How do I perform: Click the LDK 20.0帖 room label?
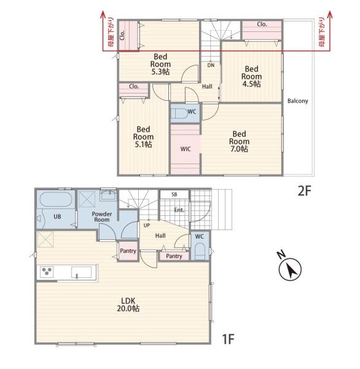128,304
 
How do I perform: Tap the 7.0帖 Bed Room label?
239,141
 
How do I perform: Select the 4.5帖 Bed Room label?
251,76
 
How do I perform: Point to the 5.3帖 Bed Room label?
160,64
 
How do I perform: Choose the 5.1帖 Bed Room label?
143,137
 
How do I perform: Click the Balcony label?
298,101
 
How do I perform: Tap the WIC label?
186,149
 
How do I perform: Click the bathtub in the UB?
56,199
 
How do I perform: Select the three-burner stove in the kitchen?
47,272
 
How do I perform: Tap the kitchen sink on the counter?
81,272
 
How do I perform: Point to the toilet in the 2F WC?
181,113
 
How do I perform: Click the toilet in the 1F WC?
200,251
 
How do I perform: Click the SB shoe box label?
174,194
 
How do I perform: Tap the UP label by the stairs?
146,225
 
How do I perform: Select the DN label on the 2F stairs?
211,65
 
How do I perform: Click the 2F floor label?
305,191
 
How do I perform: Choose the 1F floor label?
228,339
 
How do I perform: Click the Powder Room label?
102,216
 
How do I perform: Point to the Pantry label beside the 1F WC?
174,256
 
